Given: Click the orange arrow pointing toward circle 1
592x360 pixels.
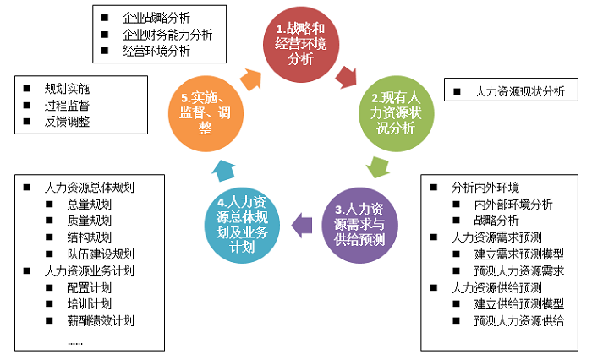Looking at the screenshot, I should tap(251, 78).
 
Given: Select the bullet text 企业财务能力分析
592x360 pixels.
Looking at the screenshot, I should tap(167, 35).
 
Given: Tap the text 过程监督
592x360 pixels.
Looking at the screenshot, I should tap(67, 105).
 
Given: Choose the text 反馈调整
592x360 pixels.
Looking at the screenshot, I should tap(67, 122).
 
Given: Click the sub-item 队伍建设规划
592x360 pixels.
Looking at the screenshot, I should tap(101, 254).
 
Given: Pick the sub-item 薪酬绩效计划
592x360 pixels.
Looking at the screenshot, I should tap(101, 320).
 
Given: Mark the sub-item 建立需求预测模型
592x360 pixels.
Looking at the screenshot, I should tap(519, 254).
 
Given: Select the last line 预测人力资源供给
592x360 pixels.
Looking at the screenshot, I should tap(519, 320).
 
